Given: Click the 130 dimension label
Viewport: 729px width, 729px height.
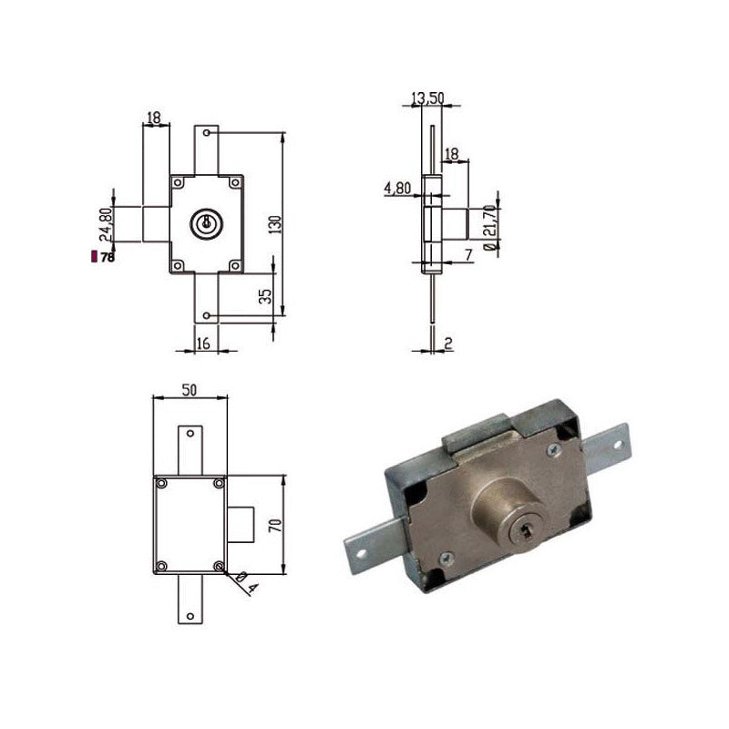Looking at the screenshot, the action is pos(276,224).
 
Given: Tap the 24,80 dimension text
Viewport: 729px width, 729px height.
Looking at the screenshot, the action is pos(106,224).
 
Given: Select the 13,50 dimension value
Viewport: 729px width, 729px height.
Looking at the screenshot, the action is pos(427,98).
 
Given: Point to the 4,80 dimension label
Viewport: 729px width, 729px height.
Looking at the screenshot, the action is pos(397,189).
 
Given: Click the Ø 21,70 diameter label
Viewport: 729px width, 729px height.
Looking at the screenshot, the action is pos(489,227).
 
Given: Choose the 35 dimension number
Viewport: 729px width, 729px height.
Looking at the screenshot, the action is pos(265,297).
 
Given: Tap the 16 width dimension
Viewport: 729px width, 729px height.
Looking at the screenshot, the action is pos(203,344).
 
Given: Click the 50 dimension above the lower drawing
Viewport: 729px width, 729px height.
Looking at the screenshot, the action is pos(190,390).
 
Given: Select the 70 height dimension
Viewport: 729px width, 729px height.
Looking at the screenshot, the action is pos(276,526).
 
